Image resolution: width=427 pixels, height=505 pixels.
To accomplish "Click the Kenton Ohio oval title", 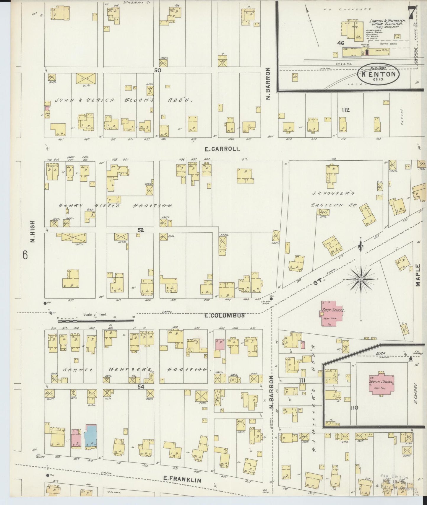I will coord(378,74).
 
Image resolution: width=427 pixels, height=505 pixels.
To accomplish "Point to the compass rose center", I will coord(361,279).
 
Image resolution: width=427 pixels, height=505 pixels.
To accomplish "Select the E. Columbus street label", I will coord(225,315).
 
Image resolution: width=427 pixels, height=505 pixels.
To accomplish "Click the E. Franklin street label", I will coord(183,480).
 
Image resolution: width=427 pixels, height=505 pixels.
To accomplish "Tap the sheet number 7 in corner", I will coord(411,12).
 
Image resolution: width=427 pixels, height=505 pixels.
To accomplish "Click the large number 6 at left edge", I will coord(25,255).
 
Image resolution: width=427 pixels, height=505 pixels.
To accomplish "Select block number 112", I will coord(345,110).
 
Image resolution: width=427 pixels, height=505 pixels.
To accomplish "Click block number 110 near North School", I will coord(354,408).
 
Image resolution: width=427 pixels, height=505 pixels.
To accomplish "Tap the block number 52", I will coord(141,230).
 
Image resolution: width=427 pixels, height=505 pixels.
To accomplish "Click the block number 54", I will coord(141,386).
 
